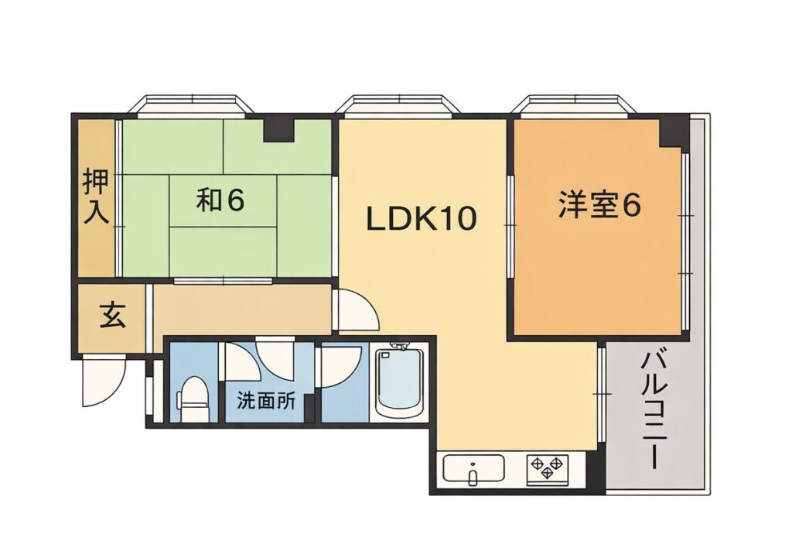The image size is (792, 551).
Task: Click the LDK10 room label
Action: coord(421,219)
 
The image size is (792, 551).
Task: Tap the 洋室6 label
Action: coord(599,206)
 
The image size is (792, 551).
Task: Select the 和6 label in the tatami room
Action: coord(220,200)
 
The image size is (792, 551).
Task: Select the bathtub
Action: coord(399,382)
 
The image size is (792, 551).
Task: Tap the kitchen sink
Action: coord(473,469)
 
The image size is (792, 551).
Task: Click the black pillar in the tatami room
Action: coord(278,128)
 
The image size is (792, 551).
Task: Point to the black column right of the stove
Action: coord(595,471)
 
